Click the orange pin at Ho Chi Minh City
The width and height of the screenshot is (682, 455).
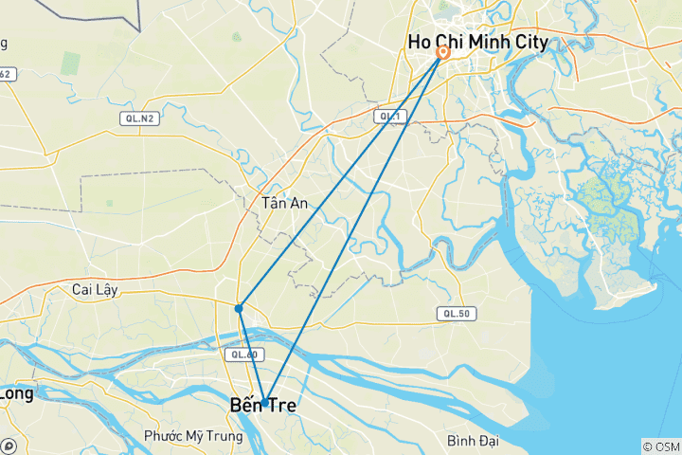tap(442, 54)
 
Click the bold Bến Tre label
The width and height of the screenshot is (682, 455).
tap(262, 406)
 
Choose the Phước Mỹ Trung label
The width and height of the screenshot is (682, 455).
tap(193, 436)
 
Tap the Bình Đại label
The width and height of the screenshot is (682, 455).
tap(475, 441)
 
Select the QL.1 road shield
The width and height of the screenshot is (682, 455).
tap(387, 116)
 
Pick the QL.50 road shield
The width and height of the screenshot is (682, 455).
tap(452, 313)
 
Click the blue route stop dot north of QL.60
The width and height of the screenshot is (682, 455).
tap(239, 308)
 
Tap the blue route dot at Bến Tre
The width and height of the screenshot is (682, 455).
tap(266, 400)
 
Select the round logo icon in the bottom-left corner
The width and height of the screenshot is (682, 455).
tap(9, 446)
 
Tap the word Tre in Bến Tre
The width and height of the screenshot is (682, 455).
tap(279, 406)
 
